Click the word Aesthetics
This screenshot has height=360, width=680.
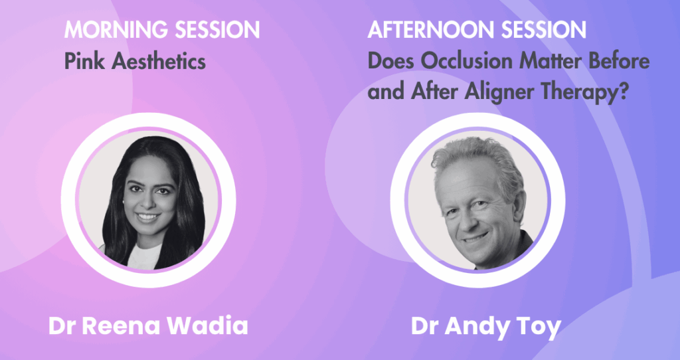[158, 61]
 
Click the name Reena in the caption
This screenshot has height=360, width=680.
[121, 326]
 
